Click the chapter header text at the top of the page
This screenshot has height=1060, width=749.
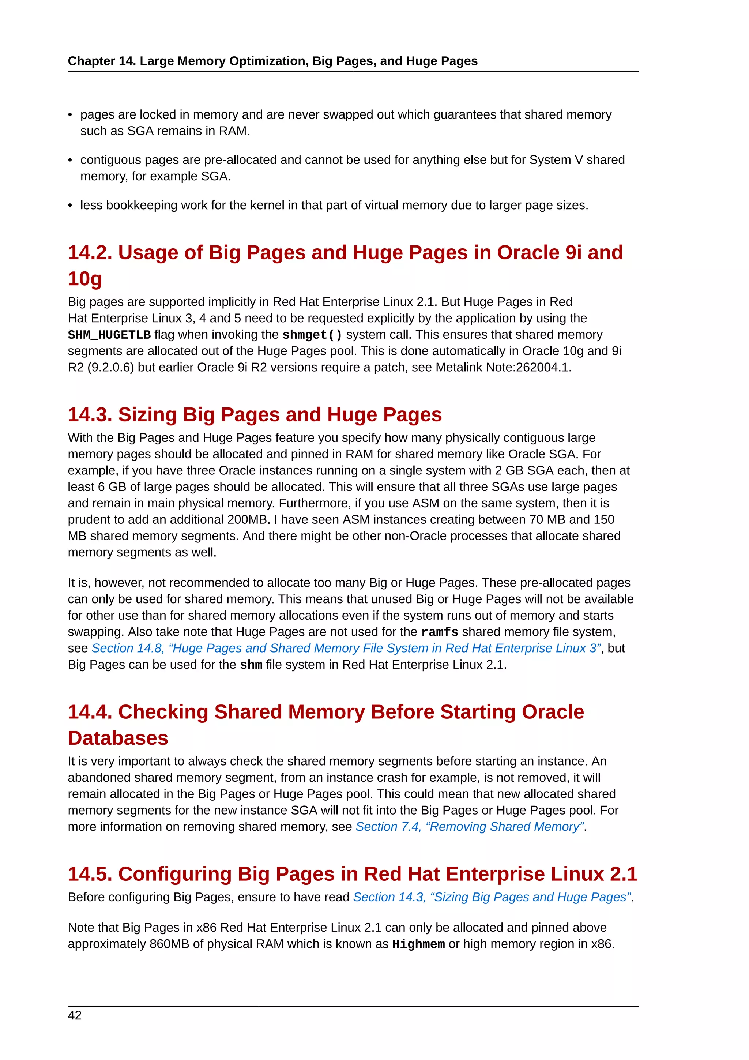[x=272, y=61]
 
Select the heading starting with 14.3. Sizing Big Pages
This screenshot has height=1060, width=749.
[x=255, y=414]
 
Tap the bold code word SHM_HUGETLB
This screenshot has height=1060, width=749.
[x=109, y=335]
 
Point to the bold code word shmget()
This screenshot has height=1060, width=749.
[x=312, y=335]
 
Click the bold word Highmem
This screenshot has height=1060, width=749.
[x=418, y=944]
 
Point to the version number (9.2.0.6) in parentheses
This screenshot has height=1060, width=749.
[x=111, y=368]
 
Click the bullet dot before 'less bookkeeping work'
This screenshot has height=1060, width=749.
[x=70, y=206]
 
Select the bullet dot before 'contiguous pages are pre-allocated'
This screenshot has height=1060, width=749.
[x=70, y=161]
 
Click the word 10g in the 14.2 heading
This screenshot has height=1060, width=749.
[x=85, y=279]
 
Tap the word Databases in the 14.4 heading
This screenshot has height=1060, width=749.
[x=118, y=738]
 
